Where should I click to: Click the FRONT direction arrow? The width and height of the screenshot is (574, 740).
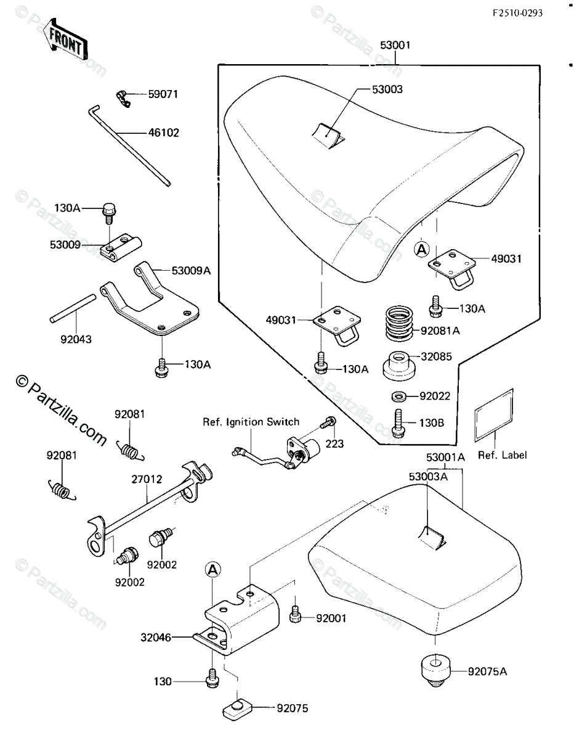[x=67, y=39]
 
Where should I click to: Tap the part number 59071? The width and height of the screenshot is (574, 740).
[x=163, y=94]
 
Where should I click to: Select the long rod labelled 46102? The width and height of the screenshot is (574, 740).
[x=129, y=146]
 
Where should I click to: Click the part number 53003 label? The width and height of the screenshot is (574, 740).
[x=387, y=89]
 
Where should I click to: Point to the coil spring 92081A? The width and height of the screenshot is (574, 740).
[x=399, y=324]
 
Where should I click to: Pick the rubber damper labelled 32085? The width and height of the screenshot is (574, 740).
[x=399, y=366]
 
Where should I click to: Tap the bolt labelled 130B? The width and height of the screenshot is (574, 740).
[x=398, y=423]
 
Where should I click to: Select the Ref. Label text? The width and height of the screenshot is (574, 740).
[x=502, y=455]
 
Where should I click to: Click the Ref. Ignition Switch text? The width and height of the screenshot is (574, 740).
[x=251, y=422]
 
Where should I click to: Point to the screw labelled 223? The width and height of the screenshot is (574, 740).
[x=328, y=422]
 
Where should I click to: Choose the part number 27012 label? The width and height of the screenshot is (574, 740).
[x=147, y=479]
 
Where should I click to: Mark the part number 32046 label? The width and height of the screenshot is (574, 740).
[x=156, y=637]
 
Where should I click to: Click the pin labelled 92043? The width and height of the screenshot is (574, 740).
[x=73, y=308]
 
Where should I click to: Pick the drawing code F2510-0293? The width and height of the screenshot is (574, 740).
[x=517, y=14]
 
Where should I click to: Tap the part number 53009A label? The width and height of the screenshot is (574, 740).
[x=191, y=271]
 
